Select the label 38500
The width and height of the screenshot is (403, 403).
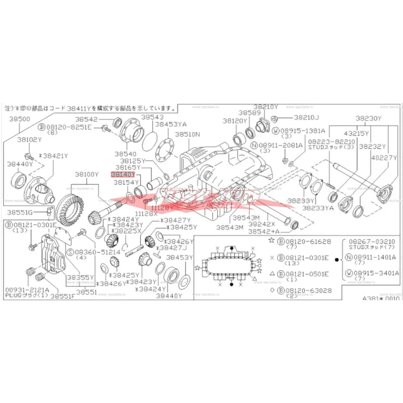20,119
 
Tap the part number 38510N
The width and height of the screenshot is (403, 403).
187,135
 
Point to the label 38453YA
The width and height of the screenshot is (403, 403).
171,123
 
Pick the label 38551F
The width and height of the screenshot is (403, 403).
62,296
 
